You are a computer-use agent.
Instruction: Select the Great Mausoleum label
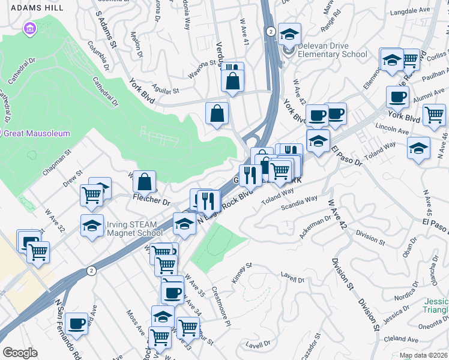[x=37, y=134]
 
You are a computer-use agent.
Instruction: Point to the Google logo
[x=20, y=352]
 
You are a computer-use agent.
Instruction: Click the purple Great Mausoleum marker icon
[x=29, y=28]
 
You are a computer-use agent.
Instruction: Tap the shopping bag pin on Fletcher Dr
[x=145, y=181]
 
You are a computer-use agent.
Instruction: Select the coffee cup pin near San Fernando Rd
[x=77, y=323]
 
